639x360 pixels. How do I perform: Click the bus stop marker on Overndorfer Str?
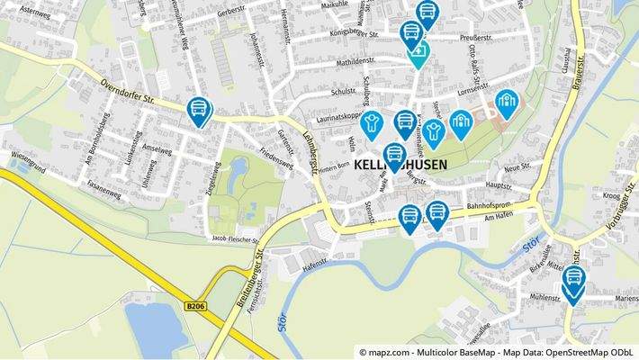click(x=198, y=112)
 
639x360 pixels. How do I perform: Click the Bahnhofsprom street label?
click(x=492, y=206)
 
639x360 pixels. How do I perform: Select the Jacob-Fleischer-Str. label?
click(x=234, y=241)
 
